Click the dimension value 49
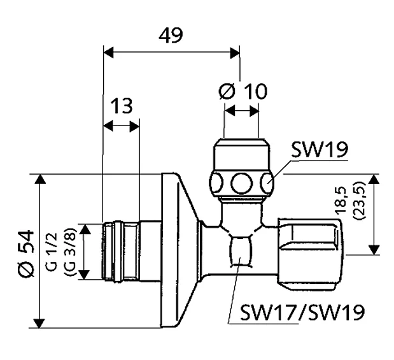171,35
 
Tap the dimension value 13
122,106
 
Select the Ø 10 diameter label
243,91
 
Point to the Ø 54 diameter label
26,252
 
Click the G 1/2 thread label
53,252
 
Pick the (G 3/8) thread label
69,252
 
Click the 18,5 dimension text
342,201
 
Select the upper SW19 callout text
320,149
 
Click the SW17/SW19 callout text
302,312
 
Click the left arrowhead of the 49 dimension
108,53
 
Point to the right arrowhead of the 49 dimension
235,53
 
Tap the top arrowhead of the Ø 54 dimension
39,180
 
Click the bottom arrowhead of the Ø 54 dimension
39,323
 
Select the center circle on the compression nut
241,184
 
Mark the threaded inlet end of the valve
120,251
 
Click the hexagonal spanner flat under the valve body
240,251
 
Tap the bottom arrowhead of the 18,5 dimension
374,250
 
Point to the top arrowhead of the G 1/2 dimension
85,229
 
